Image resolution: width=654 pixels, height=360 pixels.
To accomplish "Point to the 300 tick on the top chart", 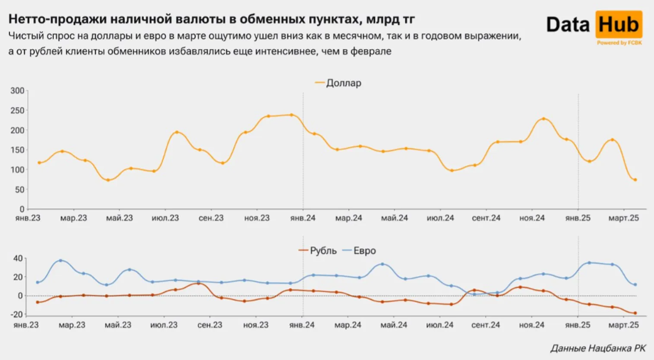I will pyautogui.click(x=18, y=91).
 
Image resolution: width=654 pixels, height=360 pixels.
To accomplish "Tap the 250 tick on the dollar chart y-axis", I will pyautogui.click(x=18, y=111).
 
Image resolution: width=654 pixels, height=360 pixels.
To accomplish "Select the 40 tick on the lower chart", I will pyautogui.click(x=18, y=259).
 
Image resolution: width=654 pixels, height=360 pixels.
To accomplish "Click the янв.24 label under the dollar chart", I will pyautogui.click(x=303, y=218).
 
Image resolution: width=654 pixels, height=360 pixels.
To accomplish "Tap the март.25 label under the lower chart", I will pyautogui.click(x=623, y=325).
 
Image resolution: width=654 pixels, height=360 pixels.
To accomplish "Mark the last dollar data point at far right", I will pyautogui.click(x=635, y=180).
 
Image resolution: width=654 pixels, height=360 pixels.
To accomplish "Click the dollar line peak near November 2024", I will pyautogui.click(x=543, y=119).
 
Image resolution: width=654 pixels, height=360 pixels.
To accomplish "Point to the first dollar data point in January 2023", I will pyautogui.click(x=39, y=163).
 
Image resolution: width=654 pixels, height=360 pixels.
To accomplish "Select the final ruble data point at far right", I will pyautogui.click(x=635, y=313).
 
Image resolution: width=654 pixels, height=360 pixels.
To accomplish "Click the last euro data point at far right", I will pyautogui.click(x=635, y=284).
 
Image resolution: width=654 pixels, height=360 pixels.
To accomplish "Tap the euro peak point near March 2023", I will pyautogui.click(x=60, y=261).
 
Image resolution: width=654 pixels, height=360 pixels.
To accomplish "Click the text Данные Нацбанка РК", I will pyautogui.click(x=598, y=348).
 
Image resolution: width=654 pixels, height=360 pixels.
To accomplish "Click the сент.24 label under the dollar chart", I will pyautogui.click(x=486, y=218).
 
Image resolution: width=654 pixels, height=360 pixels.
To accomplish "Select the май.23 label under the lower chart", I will pyautogui.click(x=118, y=325).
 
